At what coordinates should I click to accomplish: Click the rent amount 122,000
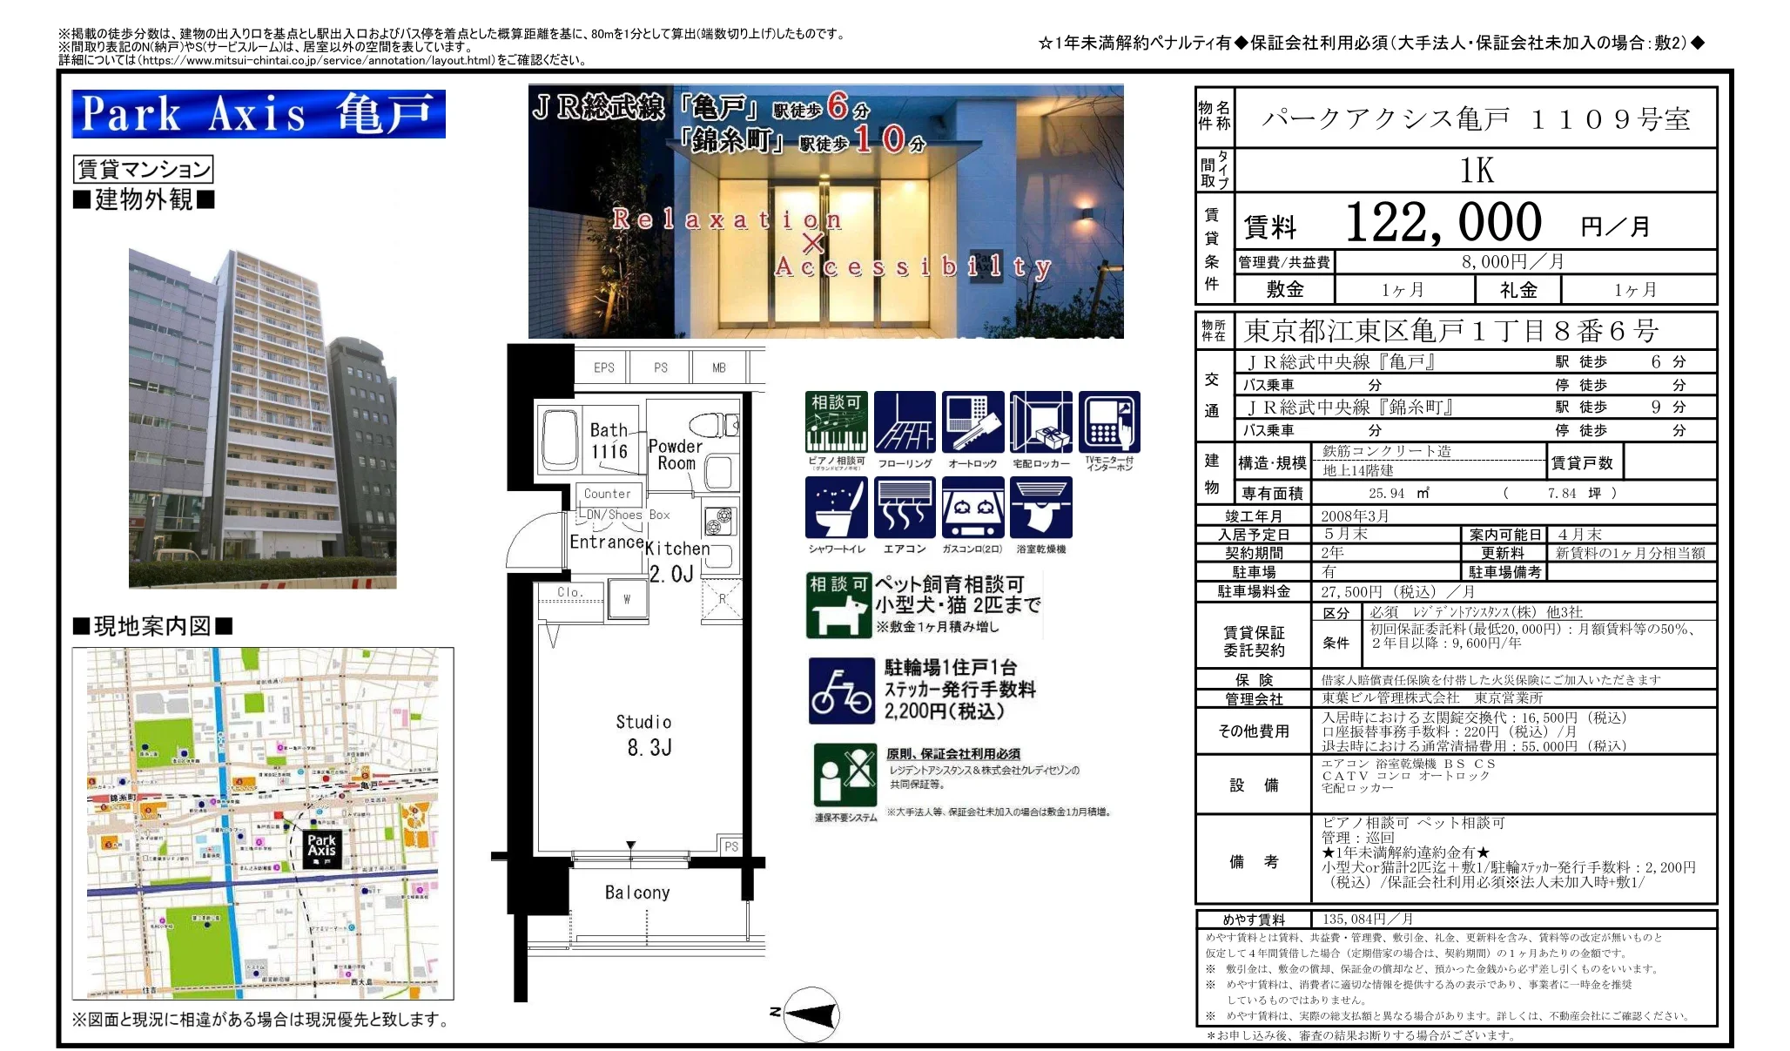click(1443, 223)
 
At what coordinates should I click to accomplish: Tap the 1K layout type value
click(1477, 171)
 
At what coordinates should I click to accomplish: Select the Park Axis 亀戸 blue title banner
click(259, 114)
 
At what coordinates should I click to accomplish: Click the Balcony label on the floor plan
click(637, 893)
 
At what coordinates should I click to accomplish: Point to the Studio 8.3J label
click(644, 735)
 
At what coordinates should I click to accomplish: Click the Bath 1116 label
click(609, 441)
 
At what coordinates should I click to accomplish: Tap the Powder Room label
click(676, 455)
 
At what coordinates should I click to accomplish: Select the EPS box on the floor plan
click(603, 367)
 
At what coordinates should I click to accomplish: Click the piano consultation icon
click(836, 422)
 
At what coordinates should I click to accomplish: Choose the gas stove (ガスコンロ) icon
click(972, 508)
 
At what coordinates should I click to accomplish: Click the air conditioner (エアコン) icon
click(905, 508)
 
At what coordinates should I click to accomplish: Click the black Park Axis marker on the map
click(321, 847)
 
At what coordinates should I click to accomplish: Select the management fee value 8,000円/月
click(1512, 262)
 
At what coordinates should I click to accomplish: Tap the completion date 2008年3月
click(1355, 515)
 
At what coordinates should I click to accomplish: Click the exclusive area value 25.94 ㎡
click(1398, 493)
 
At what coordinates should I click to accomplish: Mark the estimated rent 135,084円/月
click(1367, 919)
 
